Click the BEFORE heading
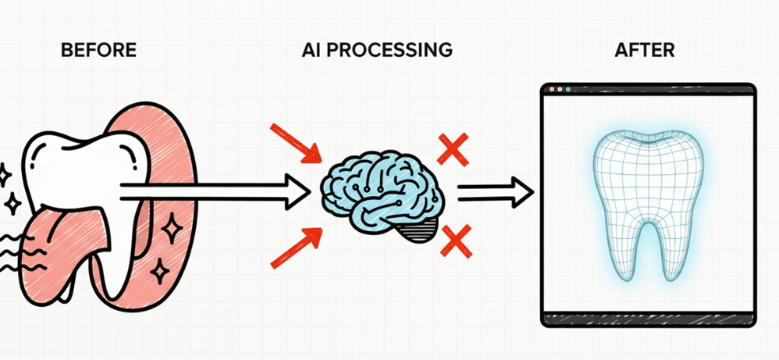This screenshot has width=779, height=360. coord(98,50)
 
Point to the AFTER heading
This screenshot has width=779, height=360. coord(645,50)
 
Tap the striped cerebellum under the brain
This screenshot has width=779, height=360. coord(421,230)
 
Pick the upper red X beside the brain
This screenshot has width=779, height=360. coord(453,149)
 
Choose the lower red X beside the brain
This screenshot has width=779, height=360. coord(457,241)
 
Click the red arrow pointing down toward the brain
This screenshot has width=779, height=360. coord(296,143)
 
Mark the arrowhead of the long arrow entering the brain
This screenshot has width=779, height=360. coord(297,191)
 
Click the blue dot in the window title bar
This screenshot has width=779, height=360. coord(567,90)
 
